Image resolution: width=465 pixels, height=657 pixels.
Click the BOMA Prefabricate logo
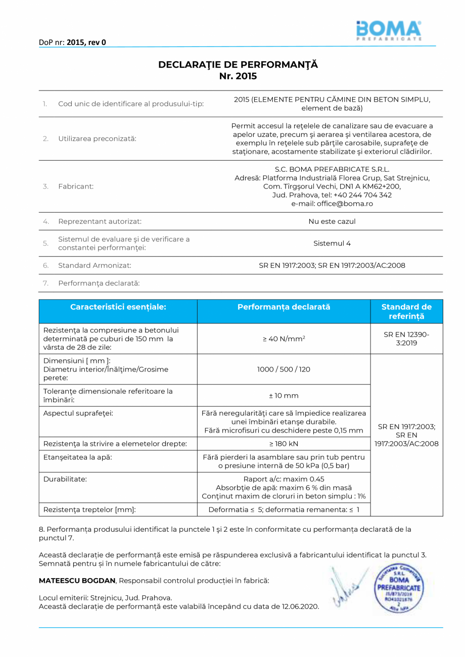(388, 31)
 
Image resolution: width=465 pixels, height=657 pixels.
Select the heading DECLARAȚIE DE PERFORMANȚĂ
(238, 65)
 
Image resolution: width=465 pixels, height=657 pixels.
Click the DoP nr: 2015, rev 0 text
(72, 42)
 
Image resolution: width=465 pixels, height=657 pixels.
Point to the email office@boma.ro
(332, 204)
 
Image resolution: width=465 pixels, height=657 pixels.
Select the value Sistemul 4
(332, 243)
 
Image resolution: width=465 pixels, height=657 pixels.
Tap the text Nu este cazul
(332, 221)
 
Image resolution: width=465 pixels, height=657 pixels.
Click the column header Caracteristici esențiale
(118, 307)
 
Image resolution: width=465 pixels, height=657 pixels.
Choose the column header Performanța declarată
(283, 307)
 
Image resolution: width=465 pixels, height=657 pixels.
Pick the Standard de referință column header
(406, 311)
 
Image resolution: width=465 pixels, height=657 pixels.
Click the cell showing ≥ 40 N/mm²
(283, 339)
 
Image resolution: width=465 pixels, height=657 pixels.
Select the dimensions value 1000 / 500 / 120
(283, 369)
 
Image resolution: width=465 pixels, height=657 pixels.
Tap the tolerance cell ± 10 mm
(283, 395)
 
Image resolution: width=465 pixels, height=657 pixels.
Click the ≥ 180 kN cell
(283, 444)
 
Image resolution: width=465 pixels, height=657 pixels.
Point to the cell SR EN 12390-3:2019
(406, 339)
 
